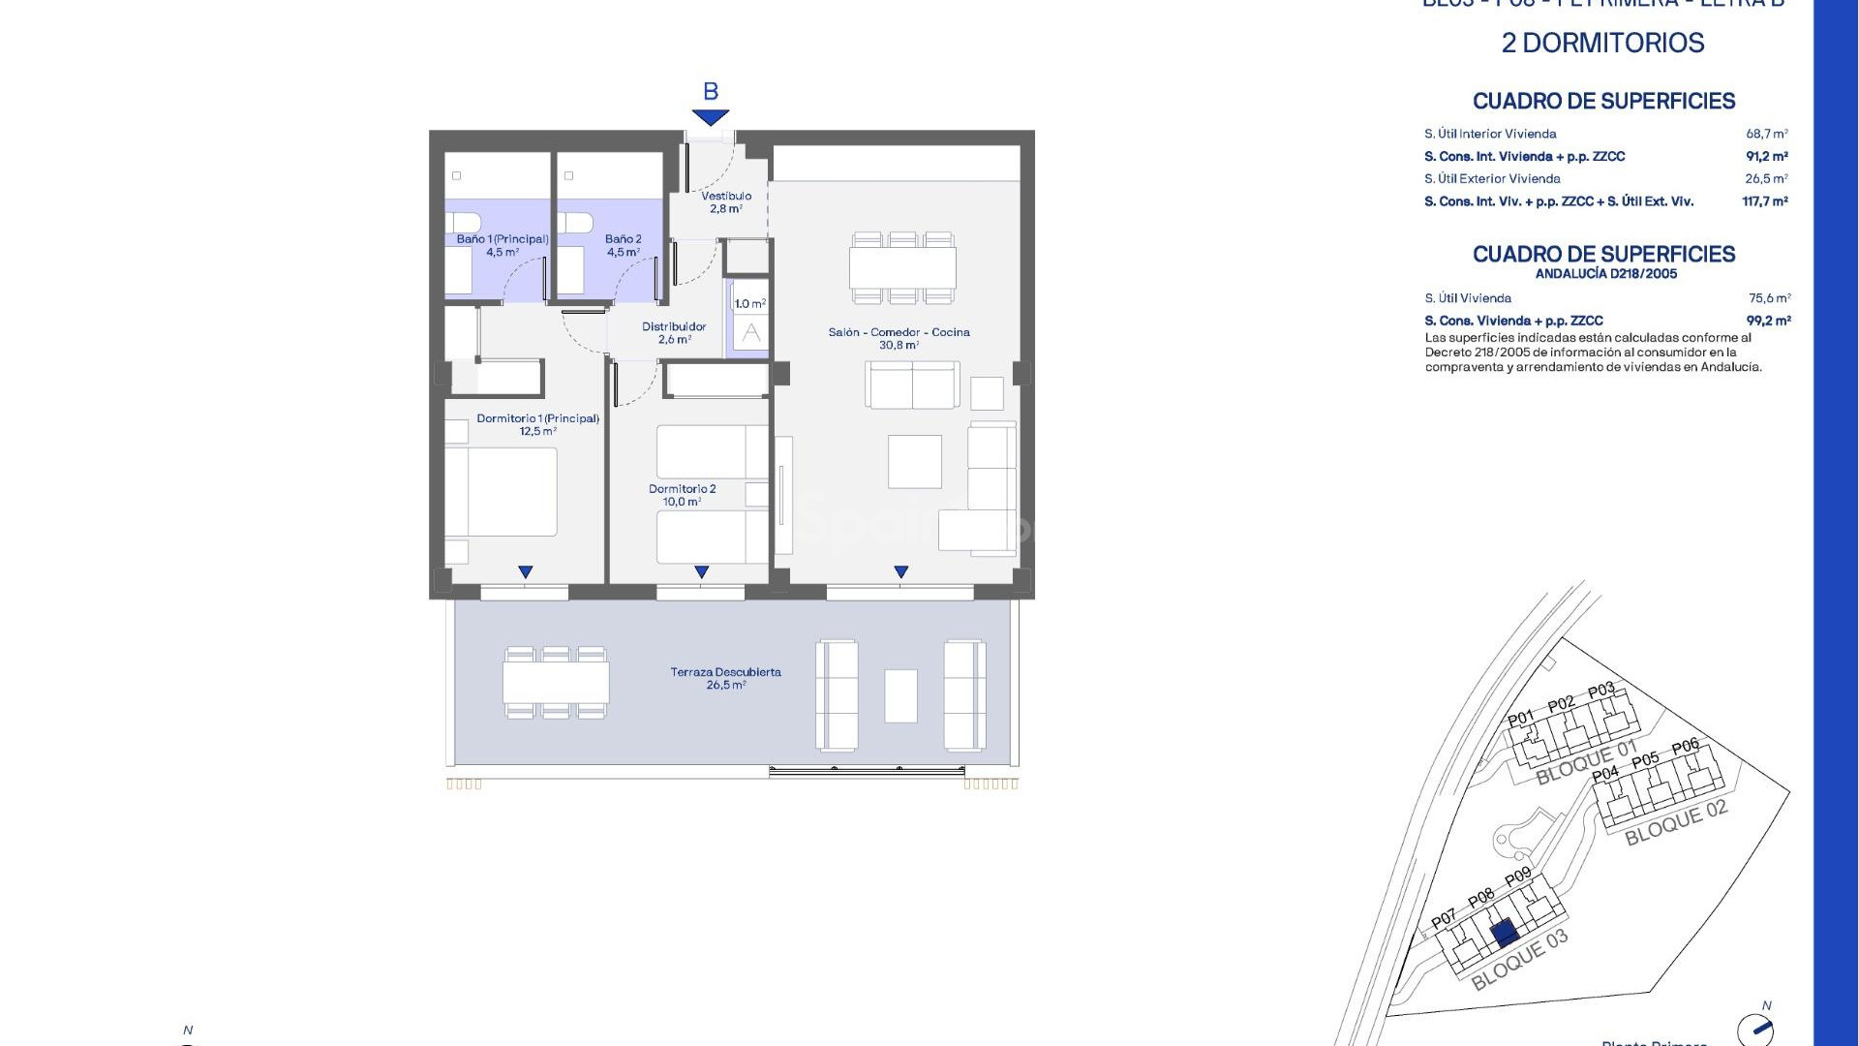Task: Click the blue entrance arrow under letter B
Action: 710,117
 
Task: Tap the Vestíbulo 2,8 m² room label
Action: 725,201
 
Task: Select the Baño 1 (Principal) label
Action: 503,245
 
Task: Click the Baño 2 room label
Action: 623,245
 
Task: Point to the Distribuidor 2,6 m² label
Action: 674,332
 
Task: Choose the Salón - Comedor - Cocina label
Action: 899,338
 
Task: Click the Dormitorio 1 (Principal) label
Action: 537,424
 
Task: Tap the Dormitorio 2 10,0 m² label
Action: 682,495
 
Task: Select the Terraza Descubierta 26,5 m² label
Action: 725,678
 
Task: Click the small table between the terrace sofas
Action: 900,695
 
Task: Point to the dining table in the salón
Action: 902,267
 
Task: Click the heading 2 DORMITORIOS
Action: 1602,43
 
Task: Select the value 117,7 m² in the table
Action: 1764,201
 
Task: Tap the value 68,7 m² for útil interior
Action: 1766,134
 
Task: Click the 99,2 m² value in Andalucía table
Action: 1768,321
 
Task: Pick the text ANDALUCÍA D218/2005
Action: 1605,274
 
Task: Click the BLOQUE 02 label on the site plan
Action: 1675,822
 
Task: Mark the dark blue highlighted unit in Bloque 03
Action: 1504,934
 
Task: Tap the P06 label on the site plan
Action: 1685,747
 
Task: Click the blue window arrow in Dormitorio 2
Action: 701,572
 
